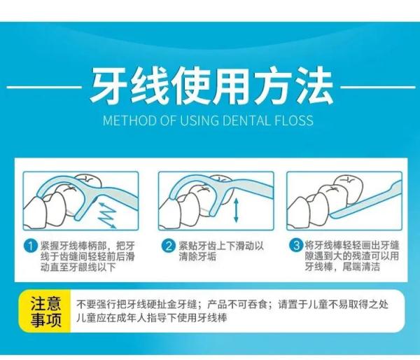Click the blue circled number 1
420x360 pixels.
[x=31, y=246]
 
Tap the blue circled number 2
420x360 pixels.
[x=168, y=246]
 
